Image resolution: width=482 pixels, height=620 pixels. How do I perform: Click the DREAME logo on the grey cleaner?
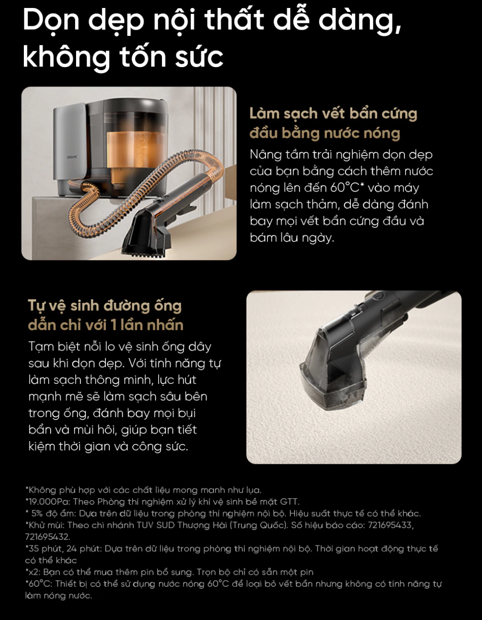72,157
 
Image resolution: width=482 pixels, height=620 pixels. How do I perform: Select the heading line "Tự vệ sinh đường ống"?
105,306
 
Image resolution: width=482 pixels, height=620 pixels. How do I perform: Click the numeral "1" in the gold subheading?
113,325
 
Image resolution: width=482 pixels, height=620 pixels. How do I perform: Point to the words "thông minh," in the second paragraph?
124,380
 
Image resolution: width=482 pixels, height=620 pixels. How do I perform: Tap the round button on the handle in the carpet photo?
379,296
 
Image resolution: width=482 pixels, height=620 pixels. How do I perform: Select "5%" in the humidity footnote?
36,513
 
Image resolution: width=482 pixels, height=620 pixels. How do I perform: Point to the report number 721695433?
391,525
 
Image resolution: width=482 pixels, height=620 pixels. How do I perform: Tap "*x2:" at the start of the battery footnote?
33,572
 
